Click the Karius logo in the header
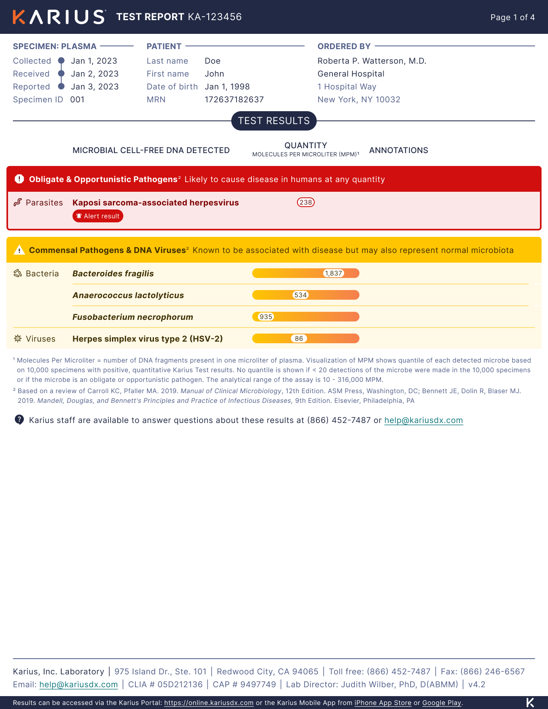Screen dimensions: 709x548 coord(59,17)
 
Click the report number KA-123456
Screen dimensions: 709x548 coord(215,17)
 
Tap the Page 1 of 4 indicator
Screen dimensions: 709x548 coord(512,17)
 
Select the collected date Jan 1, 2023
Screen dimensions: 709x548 coord(94,61)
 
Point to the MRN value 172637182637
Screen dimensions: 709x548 coord(234,100)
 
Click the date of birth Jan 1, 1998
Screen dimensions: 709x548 coord(227,87)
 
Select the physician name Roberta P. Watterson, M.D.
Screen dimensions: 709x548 coord(372,61)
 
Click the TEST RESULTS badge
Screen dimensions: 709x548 coord(274,121)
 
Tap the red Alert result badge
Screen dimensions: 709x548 coord(98,216)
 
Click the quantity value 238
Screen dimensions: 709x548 coord(306,202)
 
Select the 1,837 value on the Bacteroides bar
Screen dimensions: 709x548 coord(334,273)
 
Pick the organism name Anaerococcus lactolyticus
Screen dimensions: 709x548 coord(128,295)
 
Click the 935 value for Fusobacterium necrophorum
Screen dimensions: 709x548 coord(266,317)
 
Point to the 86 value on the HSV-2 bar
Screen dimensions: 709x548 coord(299,338)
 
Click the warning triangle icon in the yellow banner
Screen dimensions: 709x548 coord(19,250)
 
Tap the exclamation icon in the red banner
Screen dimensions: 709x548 coord(19,179)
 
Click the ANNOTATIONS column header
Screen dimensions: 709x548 coord(399,150)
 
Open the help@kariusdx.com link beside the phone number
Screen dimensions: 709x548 coord(423,420)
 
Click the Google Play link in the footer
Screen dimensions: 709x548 coord(442,703)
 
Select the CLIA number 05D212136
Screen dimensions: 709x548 coord(180,684)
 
